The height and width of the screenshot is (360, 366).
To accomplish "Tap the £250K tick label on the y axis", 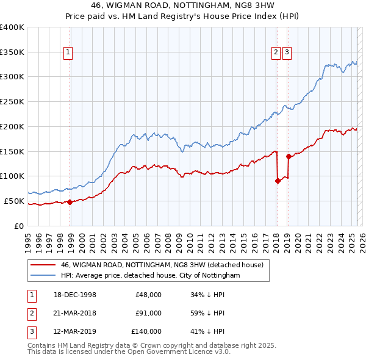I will pyautogui.click(x=12, y=101).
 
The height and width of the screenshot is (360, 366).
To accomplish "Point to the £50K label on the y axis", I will pyautogui.click(x=15, y=201).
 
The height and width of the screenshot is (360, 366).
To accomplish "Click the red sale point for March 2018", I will pyautogui.click(x=278, y=181).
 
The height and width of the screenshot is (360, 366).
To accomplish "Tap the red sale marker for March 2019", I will pyautogui.click(x=289, y=156).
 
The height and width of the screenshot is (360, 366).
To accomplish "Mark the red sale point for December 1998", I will pyautogui.click(x=70, y=202).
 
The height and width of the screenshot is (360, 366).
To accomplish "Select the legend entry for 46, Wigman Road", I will pyautogui.click(x=162, y=265).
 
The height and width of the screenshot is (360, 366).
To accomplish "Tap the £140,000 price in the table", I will pyautogui.click(x=146, y=331).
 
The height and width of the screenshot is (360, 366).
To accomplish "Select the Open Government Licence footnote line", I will pyautogui.click(x=129, y=352).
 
